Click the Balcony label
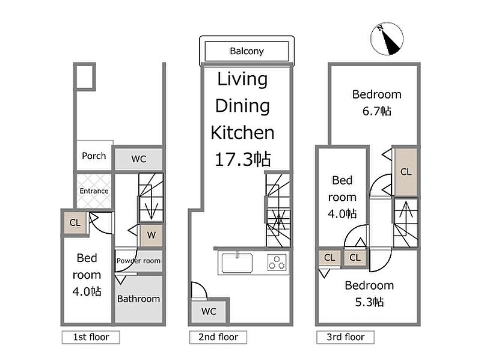coord(247,51)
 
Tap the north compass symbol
coord(387,38)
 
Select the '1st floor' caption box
coord(91,337)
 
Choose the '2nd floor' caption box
coord(218,337)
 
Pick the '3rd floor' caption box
coord(345,337)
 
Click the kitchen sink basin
coord(237,263)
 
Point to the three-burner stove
coord(277,263)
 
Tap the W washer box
coord(152,235)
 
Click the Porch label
coord(94,156)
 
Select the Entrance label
coord(94,191)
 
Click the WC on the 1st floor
coord(139,159)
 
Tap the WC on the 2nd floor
coord(209,311)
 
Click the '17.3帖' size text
coord(243,159)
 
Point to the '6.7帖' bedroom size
coord(377,111)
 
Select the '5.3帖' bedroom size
coord(369,302)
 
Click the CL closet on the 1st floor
coord(75,222)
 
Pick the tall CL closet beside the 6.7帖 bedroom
coord(406,172)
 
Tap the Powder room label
coord(138,261)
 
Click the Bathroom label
coord(138,299)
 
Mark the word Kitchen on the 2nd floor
coord(242,132)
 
